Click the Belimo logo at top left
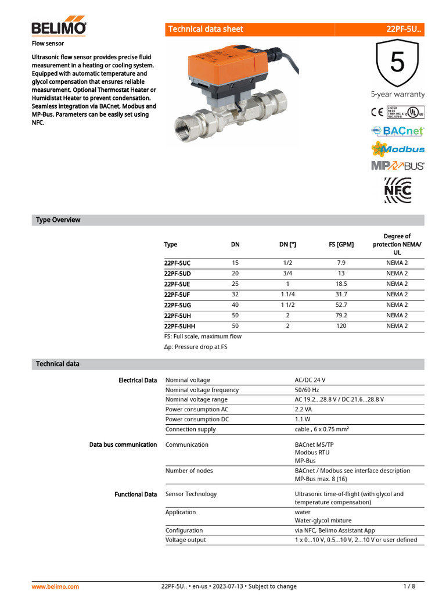point(59,27)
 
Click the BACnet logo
point(398,131)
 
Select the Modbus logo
point(398,149)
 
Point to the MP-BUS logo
point(398,166)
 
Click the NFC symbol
point(398,190)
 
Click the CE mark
point(377,112)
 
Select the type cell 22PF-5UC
point(177,263)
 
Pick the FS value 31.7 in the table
point(341,295)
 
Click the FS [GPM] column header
point(341,245)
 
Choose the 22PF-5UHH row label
point(179,326)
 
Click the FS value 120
point(341,326)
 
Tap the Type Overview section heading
point(58,220)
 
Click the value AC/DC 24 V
point(314,380)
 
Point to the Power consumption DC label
point(197,419)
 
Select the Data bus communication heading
point(123,445)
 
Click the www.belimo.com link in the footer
point(55,586)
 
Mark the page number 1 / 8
point(409,586)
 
